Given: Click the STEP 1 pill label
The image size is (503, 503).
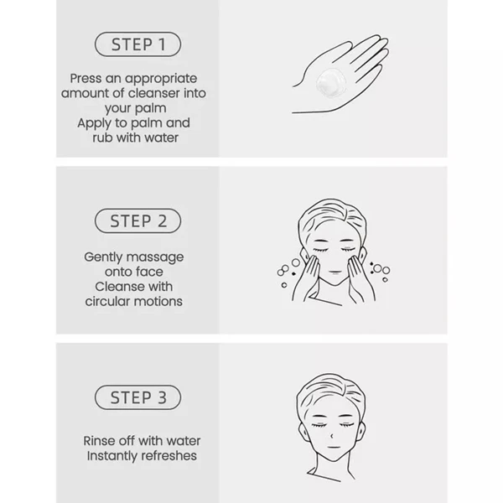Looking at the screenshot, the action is (x=138, y=44).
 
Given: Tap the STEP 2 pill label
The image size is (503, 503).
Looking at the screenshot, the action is (x=138, y=221).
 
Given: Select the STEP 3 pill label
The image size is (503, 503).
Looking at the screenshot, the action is (x=138, y=397).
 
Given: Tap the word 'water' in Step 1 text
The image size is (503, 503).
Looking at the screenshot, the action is (x=161, y=137).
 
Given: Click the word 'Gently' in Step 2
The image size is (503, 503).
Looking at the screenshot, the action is (x=103, y=257).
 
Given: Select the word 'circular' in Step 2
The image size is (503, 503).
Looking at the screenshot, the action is (x=107, y=301).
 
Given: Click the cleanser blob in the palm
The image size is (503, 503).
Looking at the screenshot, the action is (x=331, y=82).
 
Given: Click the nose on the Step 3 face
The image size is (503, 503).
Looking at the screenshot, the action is (x=332, y=436).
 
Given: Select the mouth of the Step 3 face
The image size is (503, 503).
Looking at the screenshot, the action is (x=334, y=447).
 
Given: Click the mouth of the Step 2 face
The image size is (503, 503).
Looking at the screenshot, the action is (x=335, y=272).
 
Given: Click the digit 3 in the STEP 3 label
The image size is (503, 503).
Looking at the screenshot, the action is (x=162, y=397).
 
